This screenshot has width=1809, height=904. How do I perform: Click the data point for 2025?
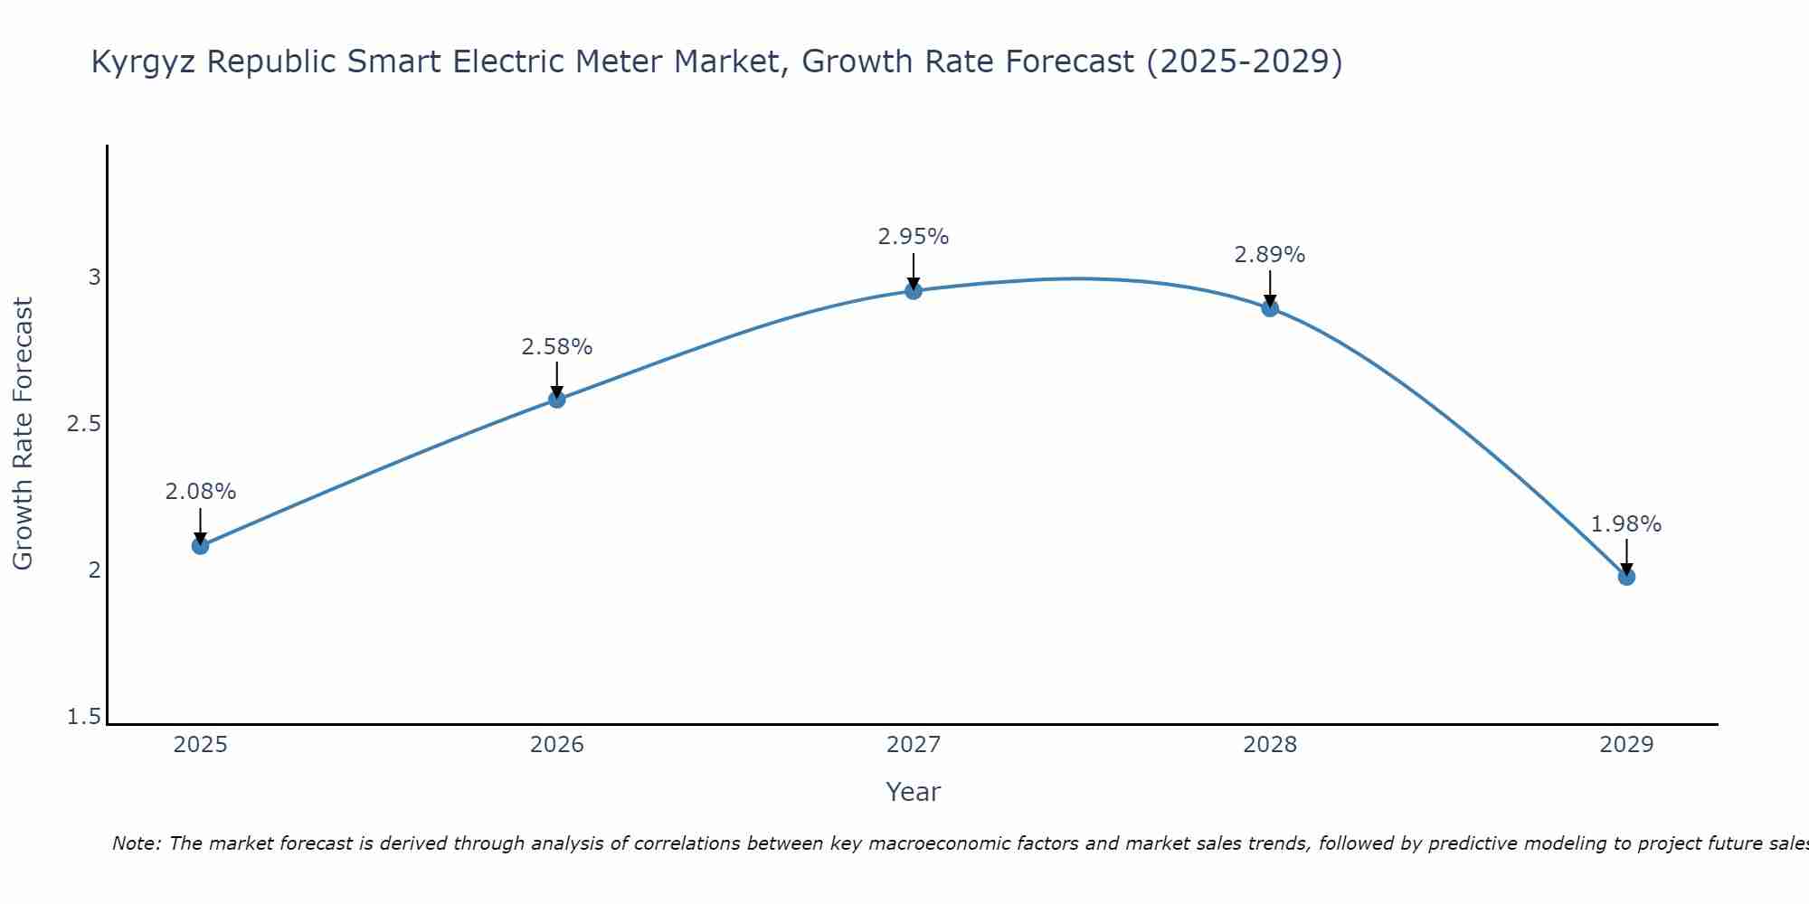201,545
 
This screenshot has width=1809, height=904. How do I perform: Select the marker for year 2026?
557,399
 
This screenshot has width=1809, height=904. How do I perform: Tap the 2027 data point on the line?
914,290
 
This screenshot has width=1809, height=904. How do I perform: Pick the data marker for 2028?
1270,307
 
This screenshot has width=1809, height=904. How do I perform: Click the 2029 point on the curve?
1626,576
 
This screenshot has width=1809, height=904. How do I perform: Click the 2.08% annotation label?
201,492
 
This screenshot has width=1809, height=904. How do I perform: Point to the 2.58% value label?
557,346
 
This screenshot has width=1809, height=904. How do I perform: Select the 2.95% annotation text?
914,237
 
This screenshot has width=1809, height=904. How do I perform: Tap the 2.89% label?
1270,255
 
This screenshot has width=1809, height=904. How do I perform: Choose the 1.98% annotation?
1626,523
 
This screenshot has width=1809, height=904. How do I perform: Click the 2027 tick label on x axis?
914,745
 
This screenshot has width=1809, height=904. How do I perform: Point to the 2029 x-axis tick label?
1626,745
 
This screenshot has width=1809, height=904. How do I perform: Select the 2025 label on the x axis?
201,745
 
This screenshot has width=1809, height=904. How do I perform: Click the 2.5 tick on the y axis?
84,424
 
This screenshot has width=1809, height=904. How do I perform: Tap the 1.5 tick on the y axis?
84,717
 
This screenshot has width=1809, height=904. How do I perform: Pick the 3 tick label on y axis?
94,278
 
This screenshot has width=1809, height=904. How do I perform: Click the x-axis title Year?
914,792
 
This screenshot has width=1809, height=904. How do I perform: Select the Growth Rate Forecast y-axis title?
24,434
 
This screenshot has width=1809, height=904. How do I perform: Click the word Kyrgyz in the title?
145,62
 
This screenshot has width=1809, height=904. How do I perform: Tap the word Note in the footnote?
136,843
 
